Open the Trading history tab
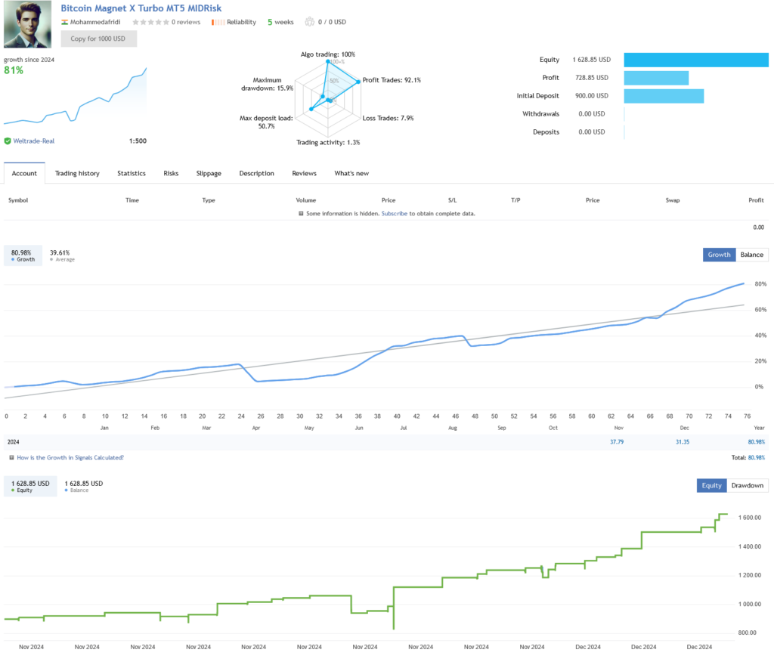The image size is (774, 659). coord(77,173)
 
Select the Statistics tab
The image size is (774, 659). coord(132,173)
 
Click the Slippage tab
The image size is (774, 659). coord(209,173)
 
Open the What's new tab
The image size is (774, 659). coord(351,173)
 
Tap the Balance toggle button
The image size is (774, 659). coord(751,255)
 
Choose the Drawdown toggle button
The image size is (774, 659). coord(748,485)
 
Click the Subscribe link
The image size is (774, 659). coord(394,214)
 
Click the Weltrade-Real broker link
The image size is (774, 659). coord(33,141)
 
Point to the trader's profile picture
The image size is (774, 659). coord(28,24)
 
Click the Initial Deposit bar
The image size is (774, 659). coord(664,96)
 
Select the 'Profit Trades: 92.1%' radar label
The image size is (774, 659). coord(392,79)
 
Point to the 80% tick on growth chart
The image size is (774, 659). coord(760,284)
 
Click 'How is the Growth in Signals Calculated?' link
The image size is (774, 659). coord(70,457)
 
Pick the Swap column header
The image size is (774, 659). coord(672,200)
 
